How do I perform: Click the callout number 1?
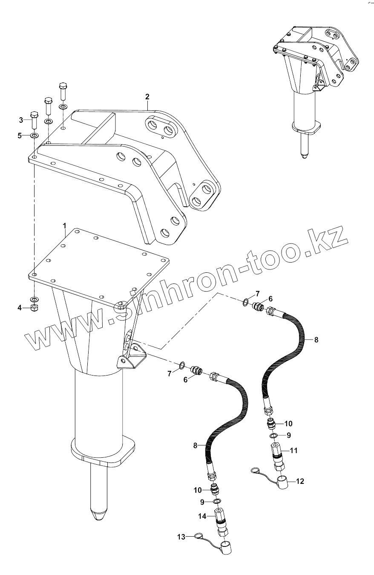65,224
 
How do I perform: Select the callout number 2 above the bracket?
147,96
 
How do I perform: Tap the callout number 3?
20,120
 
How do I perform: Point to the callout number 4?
20,308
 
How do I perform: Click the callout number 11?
293,450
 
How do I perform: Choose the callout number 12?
300,481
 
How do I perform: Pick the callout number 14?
202,516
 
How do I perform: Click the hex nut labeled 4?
35,308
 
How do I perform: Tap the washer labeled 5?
35,136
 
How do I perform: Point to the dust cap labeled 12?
282,483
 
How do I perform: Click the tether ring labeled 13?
198,536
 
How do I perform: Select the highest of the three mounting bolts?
63,89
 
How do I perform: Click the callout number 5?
20,136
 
